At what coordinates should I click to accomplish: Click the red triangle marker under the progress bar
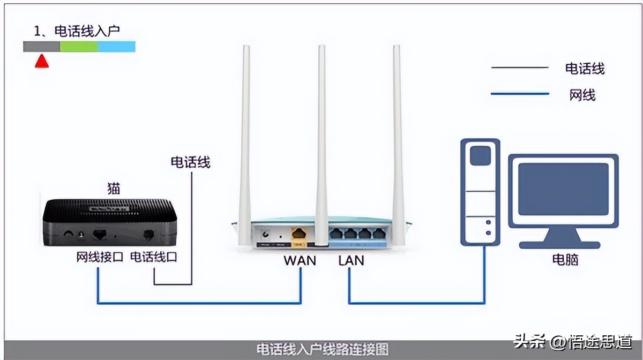pos(42,61)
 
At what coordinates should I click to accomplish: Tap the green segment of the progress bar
pos(79,47)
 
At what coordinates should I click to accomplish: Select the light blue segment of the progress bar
pos(117,47)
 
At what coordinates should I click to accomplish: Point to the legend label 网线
pos(582,95)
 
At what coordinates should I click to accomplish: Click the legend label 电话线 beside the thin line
pos(585,69)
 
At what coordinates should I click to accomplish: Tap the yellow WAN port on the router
pos(298,234)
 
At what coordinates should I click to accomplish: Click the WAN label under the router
pos(300,260)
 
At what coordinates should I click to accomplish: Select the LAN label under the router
pos(351,260)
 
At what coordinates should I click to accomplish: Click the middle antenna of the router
pos(321,139)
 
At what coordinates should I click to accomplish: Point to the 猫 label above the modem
pos(114,188)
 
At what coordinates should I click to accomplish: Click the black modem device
pos(110,222)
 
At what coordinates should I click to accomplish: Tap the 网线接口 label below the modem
pos(100,257)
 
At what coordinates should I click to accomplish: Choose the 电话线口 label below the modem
pos(154,257)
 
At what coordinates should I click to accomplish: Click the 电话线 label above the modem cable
pos(190,162)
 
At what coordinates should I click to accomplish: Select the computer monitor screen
pos(563,189)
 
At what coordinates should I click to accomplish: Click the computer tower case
pos(480,192)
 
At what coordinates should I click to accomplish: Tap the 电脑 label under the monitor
pos(565,260)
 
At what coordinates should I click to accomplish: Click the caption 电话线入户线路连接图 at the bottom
pos(322,350)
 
